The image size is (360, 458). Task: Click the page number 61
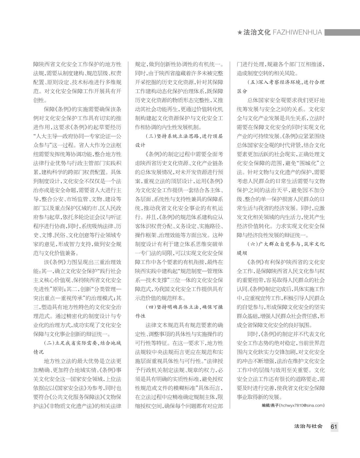(334, 426)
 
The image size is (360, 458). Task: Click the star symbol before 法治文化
(240, 32)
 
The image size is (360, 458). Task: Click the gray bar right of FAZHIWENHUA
(342, 32)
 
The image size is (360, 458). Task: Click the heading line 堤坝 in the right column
(242, 253)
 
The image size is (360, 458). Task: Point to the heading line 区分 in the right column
(242, 91)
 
